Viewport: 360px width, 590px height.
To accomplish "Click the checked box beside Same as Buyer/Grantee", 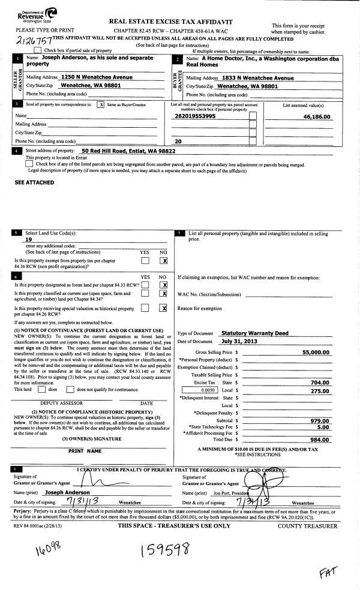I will tap(101, 104).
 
